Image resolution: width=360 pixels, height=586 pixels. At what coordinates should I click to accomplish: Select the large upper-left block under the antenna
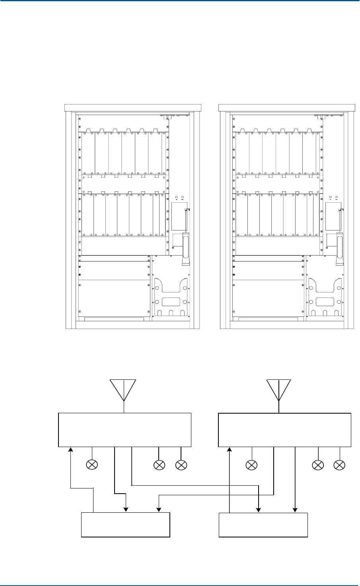(x=125, y=430)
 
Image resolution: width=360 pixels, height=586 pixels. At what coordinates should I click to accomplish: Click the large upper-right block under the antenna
(x=285, y=430)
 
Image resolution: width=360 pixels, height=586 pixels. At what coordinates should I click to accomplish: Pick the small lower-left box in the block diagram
(x=126, y=525)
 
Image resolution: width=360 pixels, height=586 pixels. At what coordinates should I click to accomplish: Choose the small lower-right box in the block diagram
(x=264, y=525)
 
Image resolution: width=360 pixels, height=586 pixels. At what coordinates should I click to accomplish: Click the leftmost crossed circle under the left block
(x=92, y=464)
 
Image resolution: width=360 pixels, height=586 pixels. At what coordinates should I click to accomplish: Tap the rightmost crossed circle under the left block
(x=181, y=464)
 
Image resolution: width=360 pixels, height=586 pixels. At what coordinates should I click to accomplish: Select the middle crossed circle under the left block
(x=159, y=464)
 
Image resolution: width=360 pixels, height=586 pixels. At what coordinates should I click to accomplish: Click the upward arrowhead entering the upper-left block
(x=71, y=449)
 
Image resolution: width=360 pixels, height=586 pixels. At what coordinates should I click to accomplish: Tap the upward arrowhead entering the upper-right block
(x=230, y=449)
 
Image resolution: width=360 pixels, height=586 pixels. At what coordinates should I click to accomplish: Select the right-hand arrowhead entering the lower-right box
(x=295, y=510)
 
